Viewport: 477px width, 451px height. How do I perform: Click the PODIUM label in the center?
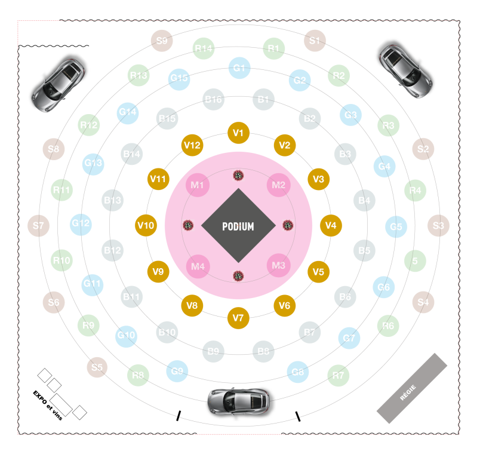[x=238, y=226]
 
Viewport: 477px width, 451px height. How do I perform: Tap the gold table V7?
[x=239, y=318]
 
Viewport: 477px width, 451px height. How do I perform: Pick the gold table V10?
[x=146, y=225]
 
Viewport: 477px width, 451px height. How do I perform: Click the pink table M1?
[x=198, y=185]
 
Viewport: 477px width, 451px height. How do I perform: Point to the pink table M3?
[x=279, y=265]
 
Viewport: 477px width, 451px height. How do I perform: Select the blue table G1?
[x=239, y=68]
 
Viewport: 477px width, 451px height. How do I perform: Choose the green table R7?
[x=338, y=376]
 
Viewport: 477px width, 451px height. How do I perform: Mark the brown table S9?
[x=161, y=41]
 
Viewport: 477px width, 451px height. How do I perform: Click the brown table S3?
[x=438, y=226]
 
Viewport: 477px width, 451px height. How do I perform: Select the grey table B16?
[x=214, y=99]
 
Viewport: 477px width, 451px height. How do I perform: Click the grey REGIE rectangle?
[x=412, y=388]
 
